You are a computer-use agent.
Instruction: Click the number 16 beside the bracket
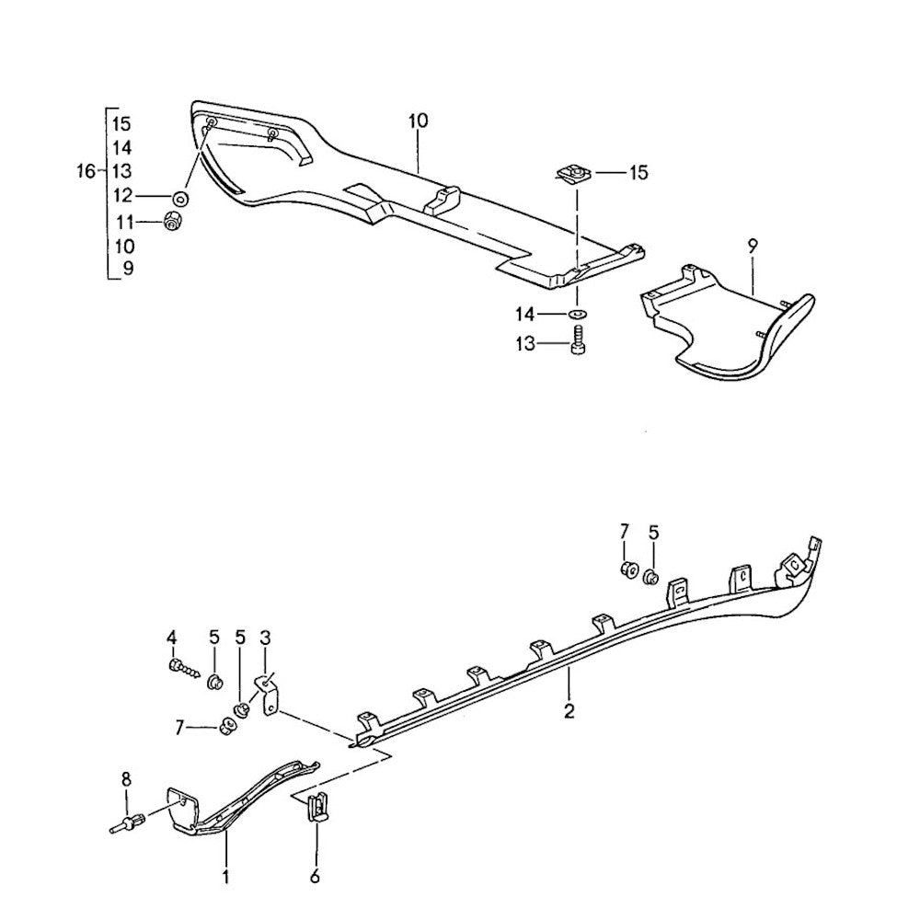click(86, 171)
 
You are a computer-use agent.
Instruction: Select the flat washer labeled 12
click(180, 198)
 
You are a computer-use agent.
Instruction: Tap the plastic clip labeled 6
click(316, 808)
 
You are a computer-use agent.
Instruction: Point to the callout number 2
click(569, 710)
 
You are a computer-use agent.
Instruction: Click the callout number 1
click(225, 878)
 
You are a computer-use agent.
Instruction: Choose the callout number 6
click(316, 878)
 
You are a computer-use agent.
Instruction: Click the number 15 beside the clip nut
click(638, 172)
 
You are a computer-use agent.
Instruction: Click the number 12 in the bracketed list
click(123, 196)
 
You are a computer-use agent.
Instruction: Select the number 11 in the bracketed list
click(123, 221)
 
